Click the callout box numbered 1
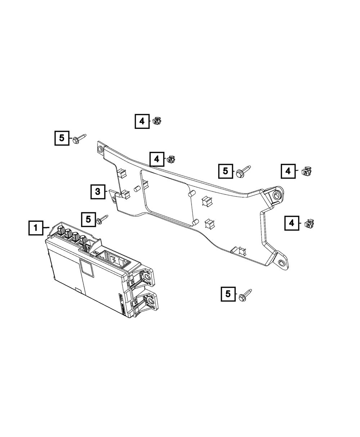click(36, 228)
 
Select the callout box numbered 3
click(98, 192)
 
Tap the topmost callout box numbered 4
click(142, 121)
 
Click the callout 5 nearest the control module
click(89, 219)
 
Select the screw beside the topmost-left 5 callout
click(79, 139)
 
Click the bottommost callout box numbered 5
click(228, 294)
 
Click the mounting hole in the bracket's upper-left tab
click(100, 148)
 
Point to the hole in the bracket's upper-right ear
click(277, 195)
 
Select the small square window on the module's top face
click(85, 267)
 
